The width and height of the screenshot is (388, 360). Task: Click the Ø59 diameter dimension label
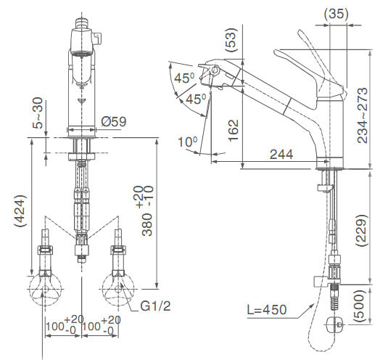114,121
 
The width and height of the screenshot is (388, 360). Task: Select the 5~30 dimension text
38,113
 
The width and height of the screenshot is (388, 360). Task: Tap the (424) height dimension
20,211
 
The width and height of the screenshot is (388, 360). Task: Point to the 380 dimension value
147,224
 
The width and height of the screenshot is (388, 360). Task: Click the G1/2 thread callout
155,306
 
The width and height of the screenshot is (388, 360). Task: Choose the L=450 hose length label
267,309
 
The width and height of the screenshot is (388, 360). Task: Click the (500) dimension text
360,306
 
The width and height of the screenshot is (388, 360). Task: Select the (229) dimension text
361,230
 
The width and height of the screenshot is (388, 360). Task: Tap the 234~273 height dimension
363,115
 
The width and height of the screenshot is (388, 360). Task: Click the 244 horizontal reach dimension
281,155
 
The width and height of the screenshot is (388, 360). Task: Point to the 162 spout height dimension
234,131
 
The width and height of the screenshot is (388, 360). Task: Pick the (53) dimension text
231,40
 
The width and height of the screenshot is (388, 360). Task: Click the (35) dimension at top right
337,14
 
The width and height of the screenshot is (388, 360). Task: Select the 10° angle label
188,142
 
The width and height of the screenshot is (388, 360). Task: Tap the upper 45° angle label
184,78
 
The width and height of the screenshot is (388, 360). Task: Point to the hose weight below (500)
335,324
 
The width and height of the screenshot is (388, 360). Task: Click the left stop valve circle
45,289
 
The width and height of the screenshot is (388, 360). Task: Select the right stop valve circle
117,289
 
